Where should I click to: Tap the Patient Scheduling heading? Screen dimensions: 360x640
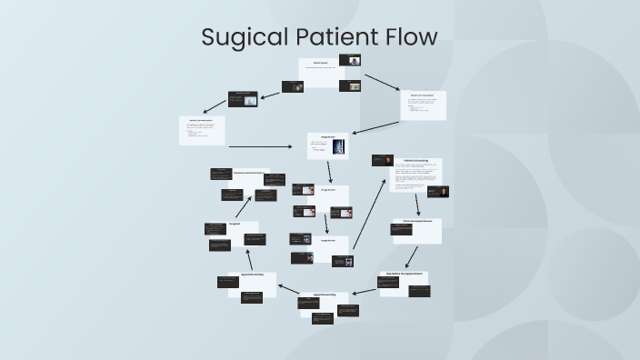point(415,161)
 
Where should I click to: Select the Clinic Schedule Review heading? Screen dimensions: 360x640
point(417,221)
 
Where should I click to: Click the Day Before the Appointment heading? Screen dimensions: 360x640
point(401,273)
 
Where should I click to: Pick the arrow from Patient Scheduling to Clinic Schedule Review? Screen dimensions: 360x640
point(417,203)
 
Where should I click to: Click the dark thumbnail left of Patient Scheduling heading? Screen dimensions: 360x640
point(382,160)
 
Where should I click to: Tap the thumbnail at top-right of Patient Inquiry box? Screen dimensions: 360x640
point(350,61)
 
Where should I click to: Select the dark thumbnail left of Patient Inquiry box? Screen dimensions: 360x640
point(292,86)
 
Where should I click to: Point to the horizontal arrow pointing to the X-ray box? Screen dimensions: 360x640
point(265,146)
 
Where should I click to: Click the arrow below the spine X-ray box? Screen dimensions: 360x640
point(330,172)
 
